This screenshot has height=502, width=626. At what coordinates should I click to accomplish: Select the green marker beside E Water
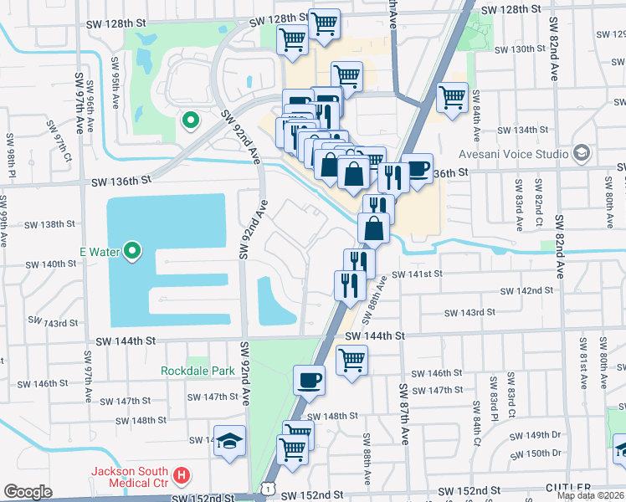132,251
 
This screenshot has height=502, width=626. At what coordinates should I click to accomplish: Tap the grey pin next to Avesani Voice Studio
582,154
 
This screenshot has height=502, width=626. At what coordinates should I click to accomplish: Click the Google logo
28,492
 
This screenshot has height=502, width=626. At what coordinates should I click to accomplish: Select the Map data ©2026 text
590,495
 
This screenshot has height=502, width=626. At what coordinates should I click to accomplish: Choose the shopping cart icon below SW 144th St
352,360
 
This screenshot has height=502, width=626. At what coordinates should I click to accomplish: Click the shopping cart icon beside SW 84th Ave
452,96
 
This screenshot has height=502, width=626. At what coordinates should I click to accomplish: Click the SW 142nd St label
526,290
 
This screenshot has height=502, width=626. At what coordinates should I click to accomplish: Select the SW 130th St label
520,49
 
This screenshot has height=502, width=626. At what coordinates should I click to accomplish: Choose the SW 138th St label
50,224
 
